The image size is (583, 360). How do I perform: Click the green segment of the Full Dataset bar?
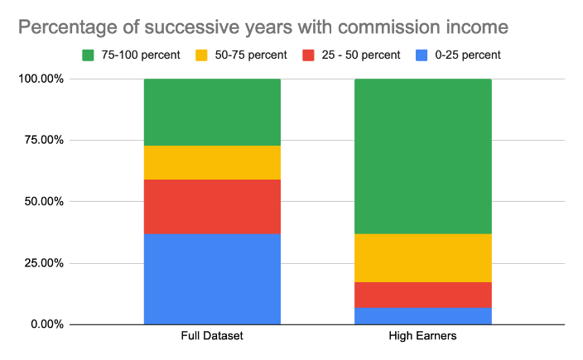click(x=212, y=112)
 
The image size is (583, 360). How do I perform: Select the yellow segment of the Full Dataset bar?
click(x=212, y=162)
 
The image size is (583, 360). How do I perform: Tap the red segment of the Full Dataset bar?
click(x=212, y=207)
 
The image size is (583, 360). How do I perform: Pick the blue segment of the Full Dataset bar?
click(x=212, y=279)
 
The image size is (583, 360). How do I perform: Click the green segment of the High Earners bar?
click(x=422, y=156)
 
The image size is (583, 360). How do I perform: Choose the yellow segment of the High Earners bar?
click(x=422, y=258)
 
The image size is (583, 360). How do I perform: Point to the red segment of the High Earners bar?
click(x=422, y=295)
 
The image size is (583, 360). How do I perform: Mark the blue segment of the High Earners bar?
click(x=422, y=315)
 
